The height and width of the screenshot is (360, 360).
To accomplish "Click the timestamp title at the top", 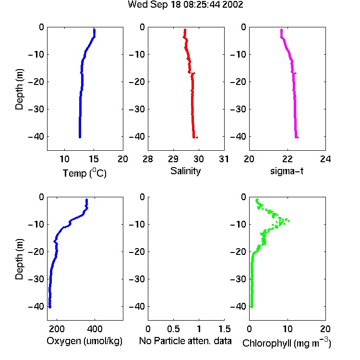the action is click(185, 5).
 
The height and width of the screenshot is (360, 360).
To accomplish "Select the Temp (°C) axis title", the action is click(84, 173).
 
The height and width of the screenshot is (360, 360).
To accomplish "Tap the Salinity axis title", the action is click(185, 171).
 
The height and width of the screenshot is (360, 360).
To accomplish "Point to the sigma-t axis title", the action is click(287, 171).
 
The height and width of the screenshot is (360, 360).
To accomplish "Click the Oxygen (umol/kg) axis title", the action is click(84, 341).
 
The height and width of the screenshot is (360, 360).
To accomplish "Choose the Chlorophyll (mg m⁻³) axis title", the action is click(287, 343).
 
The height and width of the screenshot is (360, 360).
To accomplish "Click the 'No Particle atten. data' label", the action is click(185, 341).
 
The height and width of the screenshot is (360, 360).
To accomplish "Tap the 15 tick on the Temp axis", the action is click(94, 159).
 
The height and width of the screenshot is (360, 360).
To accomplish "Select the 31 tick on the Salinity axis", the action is click(224, 159).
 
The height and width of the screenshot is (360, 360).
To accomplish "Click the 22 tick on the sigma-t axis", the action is click(288, 159).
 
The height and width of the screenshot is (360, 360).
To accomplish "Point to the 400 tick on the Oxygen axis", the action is click(95, 329).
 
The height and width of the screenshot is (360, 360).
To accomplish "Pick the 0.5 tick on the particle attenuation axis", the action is click(173, 329).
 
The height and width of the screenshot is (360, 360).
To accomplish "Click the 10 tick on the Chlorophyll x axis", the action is click(288, 329).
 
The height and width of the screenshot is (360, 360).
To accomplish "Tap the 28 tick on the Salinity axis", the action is click(148, 159).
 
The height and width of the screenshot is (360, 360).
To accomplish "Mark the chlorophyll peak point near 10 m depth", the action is click(288, 221).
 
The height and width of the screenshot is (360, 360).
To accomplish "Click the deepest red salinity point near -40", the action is click(197, 138).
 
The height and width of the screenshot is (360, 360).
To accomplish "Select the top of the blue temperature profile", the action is click(94, 30).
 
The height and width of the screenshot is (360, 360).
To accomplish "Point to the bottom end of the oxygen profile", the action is click(50, 307).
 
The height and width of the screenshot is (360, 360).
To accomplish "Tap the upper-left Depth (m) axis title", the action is click(19, 89).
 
